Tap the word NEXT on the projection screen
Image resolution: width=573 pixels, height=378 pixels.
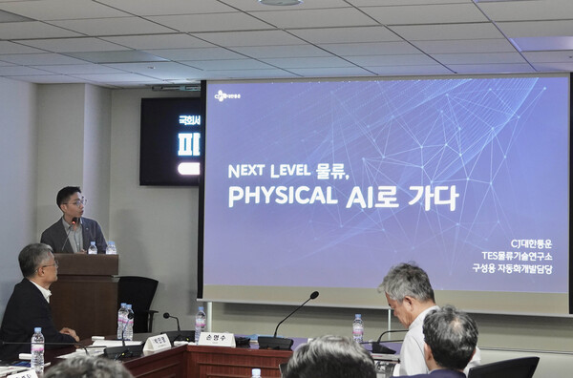tap(246, 171)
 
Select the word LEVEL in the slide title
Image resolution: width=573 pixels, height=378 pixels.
tap(298, 171)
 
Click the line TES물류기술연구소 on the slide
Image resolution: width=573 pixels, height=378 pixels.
tap(517, 256)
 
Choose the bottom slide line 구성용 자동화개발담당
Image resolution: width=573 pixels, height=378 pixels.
tap(512, 269)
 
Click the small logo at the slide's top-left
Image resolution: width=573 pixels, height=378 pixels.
tap(226, 95)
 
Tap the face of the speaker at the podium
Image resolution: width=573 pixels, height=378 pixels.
tap(71, 202)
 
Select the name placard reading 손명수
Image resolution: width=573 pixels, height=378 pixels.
tap(216, 339)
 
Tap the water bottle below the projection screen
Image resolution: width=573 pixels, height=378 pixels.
tap(357, 328)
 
